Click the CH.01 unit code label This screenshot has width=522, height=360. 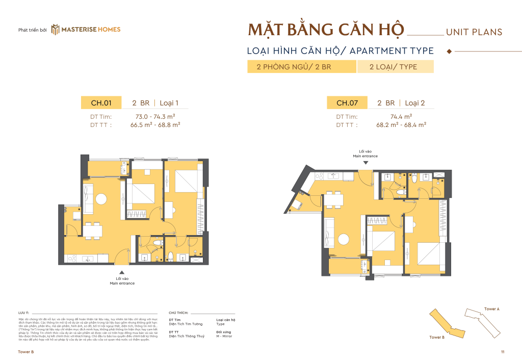click(x=101, y=103)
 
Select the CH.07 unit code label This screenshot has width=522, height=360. click(x=347, y=103)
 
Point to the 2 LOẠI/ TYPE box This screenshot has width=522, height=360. click(x=395, y=67)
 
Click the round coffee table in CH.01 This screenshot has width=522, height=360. click(x=102, y=198)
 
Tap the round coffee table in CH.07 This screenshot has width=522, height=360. click(x=344, y=238)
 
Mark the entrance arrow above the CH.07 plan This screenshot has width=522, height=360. click(x=365, y=163)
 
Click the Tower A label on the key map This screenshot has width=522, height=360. click(x=491, y=309)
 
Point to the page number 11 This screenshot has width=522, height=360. click(x=502, y=352)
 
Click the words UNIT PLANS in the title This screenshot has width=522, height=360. click(x=474, y=32)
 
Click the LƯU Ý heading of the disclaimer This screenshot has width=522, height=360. click(x=24, y=311)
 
